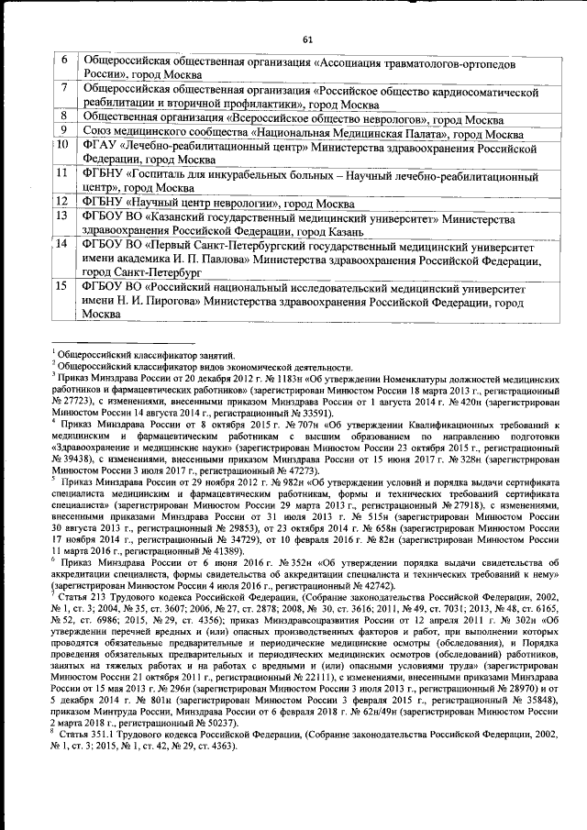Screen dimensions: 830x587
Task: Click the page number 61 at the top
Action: tap(308, 39)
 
